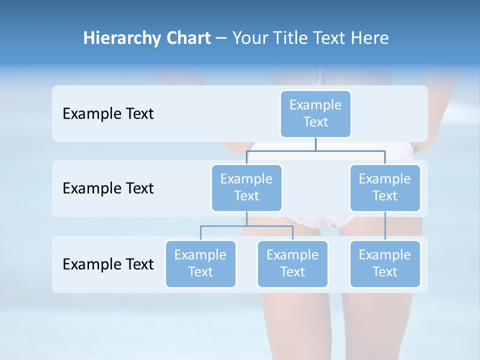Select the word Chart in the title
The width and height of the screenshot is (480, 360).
pyautogui.click(x=188, y=38)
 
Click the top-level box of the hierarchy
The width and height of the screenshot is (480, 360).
pyautogui.click(x=315, y=113)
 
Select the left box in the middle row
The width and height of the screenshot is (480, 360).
pyautogui.click(x=246, y=187)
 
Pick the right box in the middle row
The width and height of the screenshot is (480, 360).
pyautogui.click(x=385, y=187)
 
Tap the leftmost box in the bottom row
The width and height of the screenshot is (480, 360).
pyautogui.click(x=200, y=263)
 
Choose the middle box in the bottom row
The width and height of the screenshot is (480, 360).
pyautogui.click(x=292, y=263)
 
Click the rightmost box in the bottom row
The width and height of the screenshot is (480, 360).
pyautogui.click(x=385, y=263)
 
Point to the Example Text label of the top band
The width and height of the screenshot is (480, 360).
pyautogui.click(x=108, y=114)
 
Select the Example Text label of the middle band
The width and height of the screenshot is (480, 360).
pyautogui.click(x=108, y=188)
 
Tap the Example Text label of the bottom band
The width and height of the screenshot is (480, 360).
pyautogui.click(x=108, y=264)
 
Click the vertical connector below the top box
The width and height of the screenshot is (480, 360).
pyautogui.click(x=315, y=144)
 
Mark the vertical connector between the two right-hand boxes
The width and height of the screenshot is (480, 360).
pyautogui.click(x=385, y=226)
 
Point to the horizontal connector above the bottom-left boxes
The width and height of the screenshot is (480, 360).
pyautogui.click(x=246, y=226)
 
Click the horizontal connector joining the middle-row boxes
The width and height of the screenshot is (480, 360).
pyautogui.click(x=350, y=150)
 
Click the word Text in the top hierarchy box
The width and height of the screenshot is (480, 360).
pyautogui.click(x=315, y=122)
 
